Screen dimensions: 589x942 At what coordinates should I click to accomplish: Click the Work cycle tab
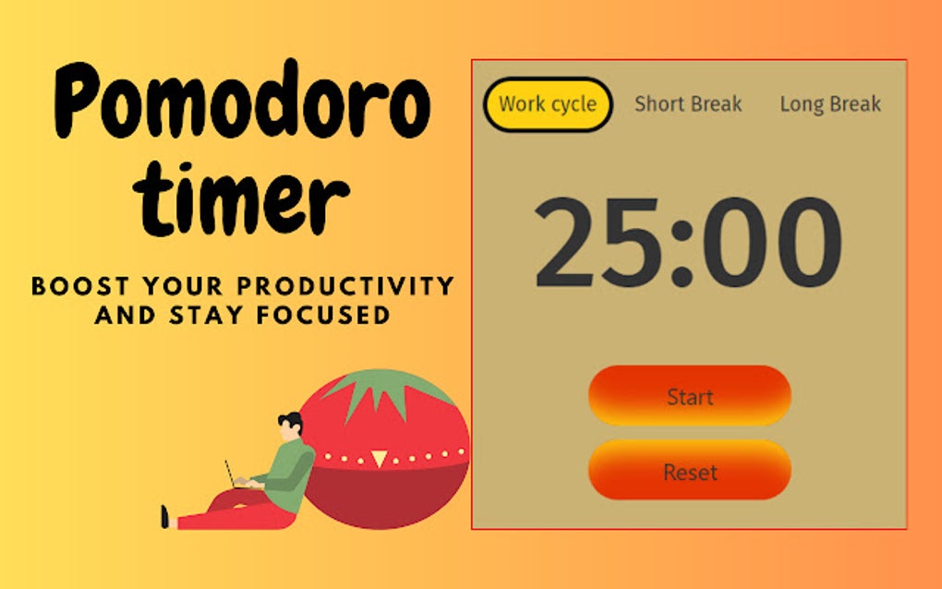point(548,104)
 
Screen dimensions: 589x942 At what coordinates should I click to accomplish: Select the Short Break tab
point(688,104)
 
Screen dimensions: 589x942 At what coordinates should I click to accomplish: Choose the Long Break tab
point(830,104)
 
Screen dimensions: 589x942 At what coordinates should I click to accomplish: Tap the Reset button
point(690,472)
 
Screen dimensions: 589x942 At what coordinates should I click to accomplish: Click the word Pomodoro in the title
point(242,104)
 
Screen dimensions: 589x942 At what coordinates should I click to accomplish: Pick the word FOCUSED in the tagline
point(325,315)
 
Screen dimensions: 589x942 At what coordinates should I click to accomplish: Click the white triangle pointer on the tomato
point(379,457)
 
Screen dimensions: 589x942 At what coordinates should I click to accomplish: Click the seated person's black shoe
point(164,517)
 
